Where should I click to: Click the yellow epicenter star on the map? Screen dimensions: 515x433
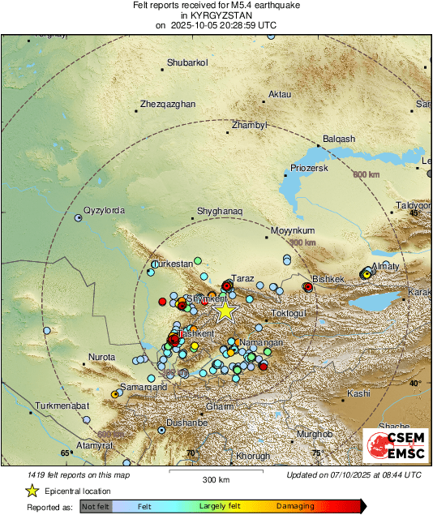tap(225, 311)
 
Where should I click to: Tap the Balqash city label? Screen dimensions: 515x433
tap(339, 139)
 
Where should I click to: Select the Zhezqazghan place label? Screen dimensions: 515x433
tap(168, 104)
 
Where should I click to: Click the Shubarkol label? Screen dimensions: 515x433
tap(187, 62)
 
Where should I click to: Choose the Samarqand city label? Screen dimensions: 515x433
tap(144, 388)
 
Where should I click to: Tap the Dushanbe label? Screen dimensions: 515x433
tap(187, 423)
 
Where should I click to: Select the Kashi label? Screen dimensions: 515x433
tap(358, 393)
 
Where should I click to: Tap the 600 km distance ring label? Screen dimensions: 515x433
tap(366, 174)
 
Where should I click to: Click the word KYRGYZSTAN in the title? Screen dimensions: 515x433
tap(216, 15)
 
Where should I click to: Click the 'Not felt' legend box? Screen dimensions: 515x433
tap(95, 506)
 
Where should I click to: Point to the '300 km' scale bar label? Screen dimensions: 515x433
tap(216, 480)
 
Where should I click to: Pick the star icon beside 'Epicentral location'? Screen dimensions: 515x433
tap(32, 491)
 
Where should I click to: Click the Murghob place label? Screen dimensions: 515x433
tap(314, 435)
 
